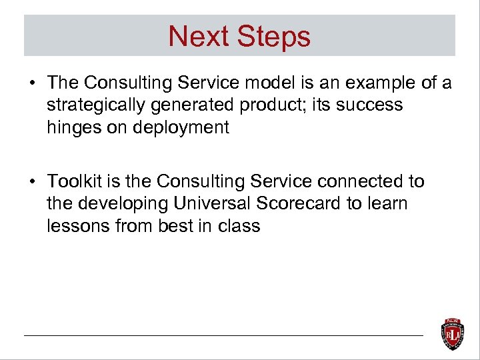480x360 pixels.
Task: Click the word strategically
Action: pos(93,105)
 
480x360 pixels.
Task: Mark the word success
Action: pos(370,105)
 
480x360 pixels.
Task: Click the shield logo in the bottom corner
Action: pos(453,333)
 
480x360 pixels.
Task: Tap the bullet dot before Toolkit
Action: pos(32,182)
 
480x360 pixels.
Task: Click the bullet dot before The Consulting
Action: pos(32,83)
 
